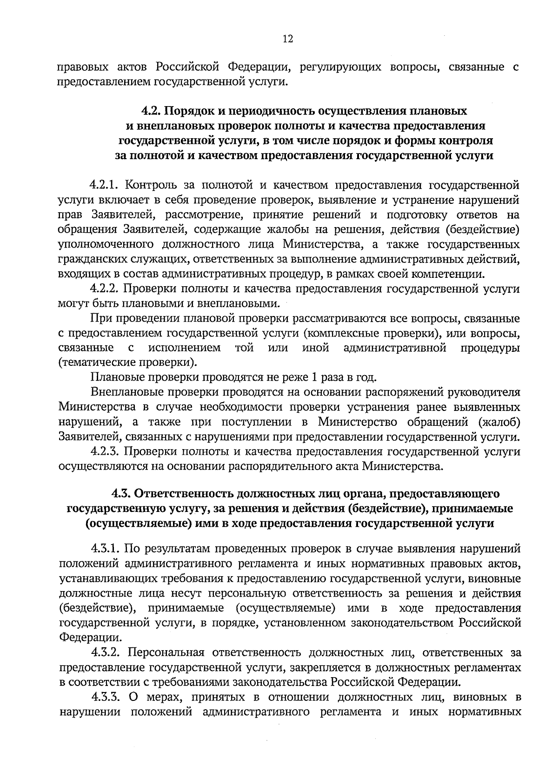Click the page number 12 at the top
(288, 39)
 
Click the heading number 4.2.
(152, 111)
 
